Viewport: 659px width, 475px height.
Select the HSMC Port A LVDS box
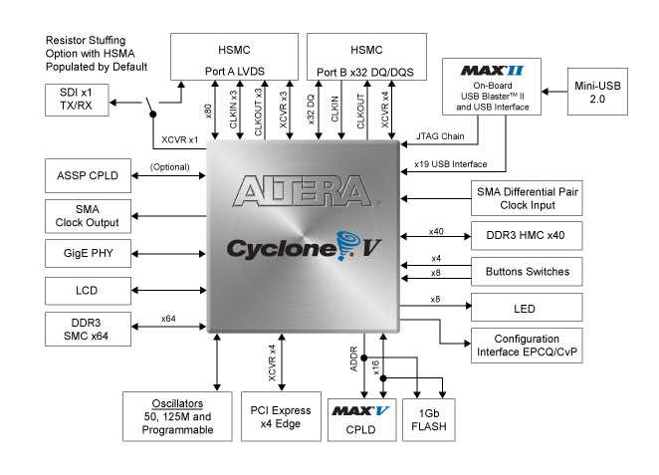point(234,58)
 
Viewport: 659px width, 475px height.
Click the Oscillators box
point(168,413)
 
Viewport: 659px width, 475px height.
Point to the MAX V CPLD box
point(360,418)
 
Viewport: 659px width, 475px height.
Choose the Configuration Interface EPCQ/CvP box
point(526,346)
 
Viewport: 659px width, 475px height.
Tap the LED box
point(526,308)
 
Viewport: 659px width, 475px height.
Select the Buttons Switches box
point(526,271)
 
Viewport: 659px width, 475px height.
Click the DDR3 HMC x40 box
point(526,235)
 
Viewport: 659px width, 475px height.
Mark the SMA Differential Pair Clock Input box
point(526,197)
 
